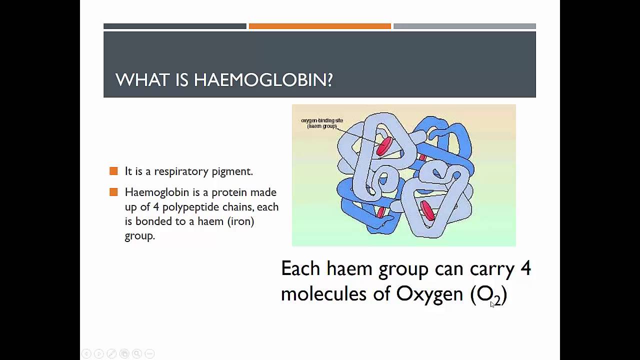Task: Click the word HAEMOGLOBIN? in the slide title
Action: pyautogui.click(x=263, y=80)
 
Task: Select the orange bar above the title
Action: pyautogui.click(x=319, y=26)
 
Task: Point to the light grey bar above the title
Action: pyautogui.click(x=464, y=26)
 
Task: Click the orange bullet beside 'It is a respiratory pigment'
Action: pyautogui.click(x=113, y=171)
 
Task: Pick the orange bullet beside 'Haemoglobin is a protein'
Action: pyautogui.click(x=113, y=192)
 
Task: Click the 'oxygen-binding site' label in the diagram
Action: pyautogui.click(x=321, y=120)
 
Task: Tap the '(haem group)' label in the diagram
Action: pyautogui.click(x=321, y=126)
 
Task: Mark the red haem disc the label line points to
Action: pyautogui.click(x=384, y=146)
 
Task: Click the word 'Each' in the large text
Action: pyautogui.click(x=300, y=269)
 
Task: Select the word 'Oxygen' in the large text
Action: pyautogui.click(x=429, y=294)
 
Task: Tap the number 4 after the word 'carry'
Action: pyautogui.click(x=525, y=269)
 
